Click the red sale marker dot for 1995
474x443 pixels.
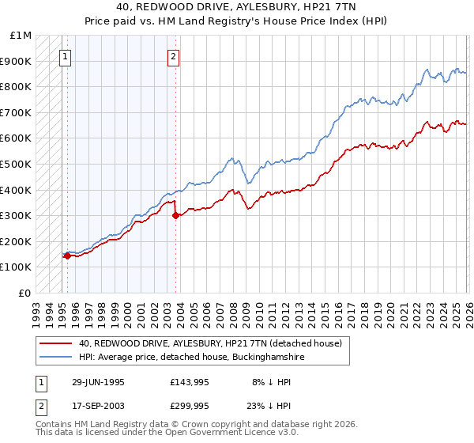tap(68, 256)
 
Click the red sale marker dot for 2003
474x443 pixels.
tap(175, 215)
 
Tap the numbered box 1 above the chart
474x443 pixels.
tap(65, 56)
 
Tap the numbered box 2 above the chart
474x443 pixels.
tap(173, 56)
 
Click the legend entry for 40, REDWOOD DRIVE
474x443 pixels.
tap(209, 344)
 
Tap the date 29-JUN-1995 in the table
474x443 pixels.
tap(98, 382)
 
